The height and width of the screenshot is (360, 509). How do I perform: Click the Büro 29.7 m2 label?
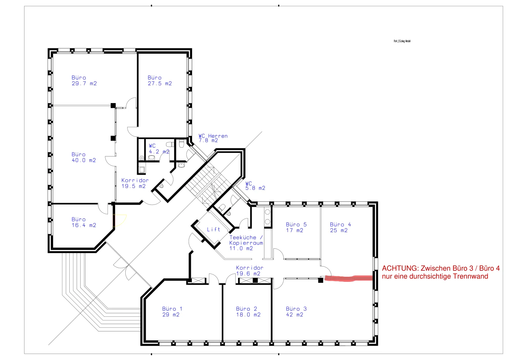[x=84, y=81]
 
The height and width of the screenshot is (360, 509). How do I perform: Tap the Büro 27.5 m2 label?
[x=159, y=81]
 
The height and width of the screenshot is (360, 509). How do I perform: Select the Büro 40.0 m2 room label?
[x=84, y=157]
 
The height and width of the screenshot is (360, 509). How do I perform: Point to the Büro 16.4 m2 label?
[x=84, y=222]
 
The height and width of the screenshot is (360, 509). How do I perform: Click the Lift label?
[x=213, y=229]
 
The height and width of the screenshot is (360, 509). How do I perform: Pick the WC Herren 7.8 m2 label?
[x=213, y=138]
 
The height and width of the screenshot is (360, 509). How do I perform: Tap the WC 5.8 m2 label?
[x=255, y=186]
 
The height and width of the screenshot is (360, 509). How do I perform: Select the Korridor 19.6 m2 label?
[x=249, y=271]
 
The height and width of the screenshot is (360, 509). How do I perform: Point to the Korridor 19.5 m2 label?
[x=135, y=183]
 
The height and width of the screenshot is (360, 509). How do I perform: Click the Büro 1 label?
[x=172, y=312]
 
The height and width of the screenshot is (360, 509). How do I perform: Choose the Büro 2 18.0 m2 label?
[x=248, y=312]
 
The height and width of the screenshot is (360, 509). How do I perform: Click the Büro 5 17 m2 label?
[x=296, y=227]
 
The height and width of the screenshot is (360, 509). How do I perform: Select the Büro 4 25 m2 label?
[x=340, y=227]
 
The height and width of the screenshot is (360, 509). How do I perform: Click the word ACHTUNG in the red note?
[x=400, y=268]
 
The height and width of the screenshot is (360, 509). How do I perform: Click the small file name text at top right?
[x=402, y=41]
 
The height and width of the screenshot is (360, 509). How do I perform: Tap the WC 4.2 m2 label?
[x=159, y=149]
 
